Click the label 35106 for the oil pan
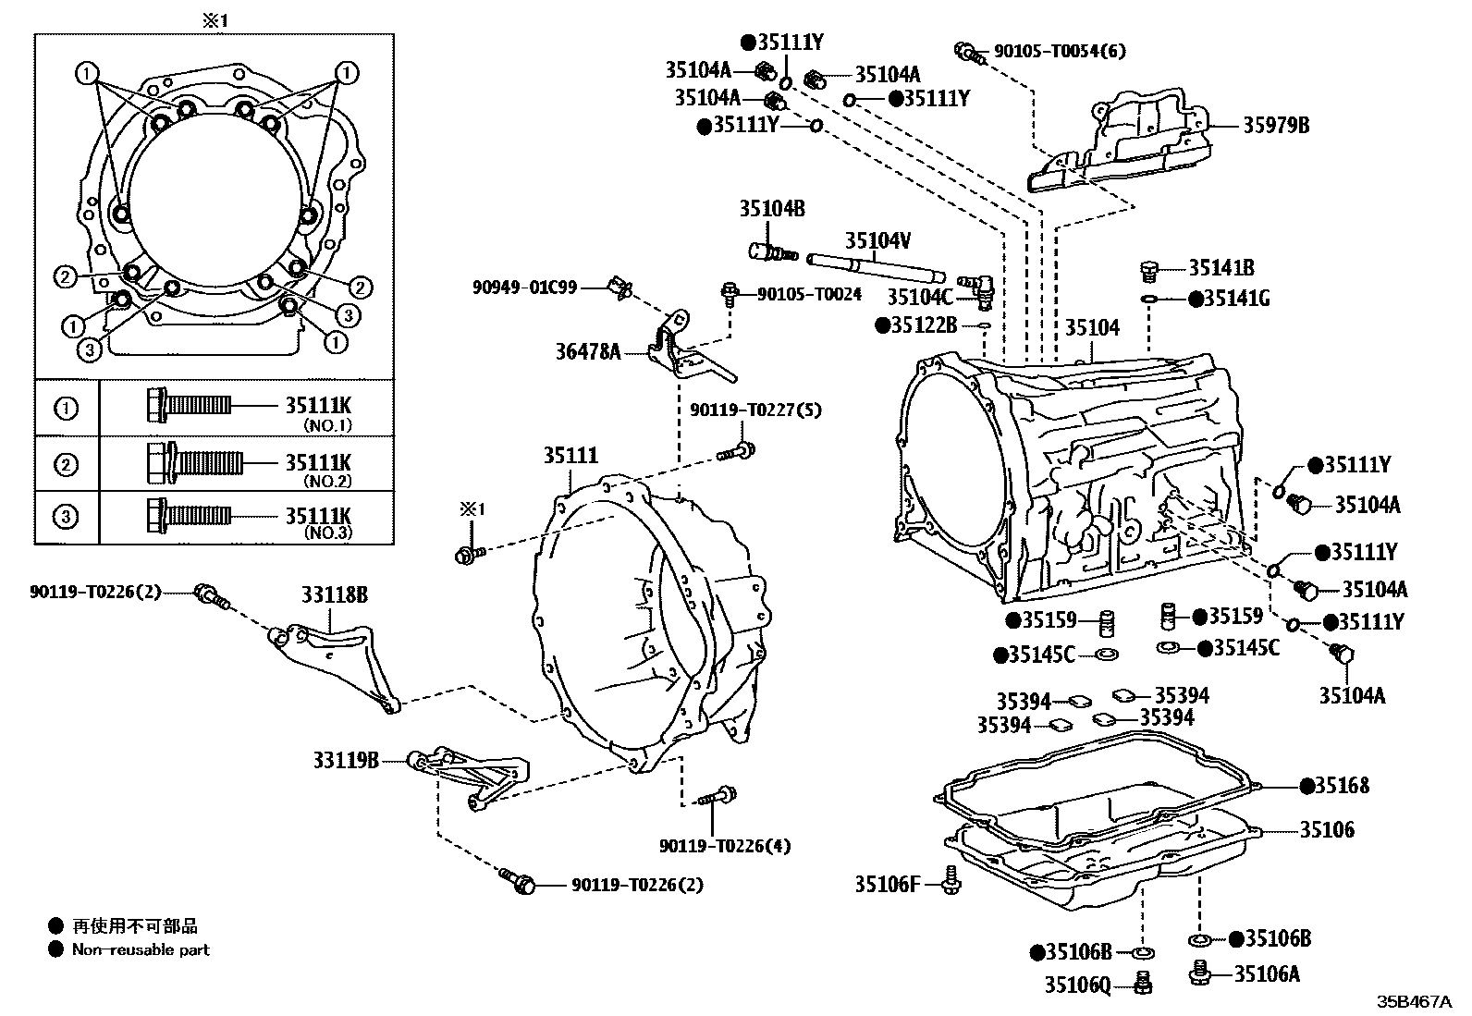pyautogui.click(x=1327, y=829)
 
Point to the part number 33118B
pyautogui.click(x=334, y=595)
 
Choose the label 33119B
pyautogui.click(x=345, y=760)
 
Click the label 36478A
pyautogui.click(x=588, y=351)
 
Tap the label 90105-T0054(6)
pyautogui.click(x=1060, y=51)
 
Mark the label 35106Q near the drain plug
pyautogui.click(x=1077, y=985)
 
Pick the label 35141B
pyautogui.click(x=1221, y=268)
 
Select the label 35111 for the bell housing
pyautogui.click(x=570, y=456)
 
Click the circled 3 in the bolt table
pyautogui.click(x=67, y=516)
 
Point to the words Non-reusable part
pyautogui.click(x=141, y=949)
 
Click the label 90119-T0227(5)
pyautogui.click(x=755, y=410)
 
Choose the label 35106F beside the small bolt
pyautogui.click(x=887, y=885)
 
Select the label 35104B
pyautogui.click(x=771, y=210)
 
